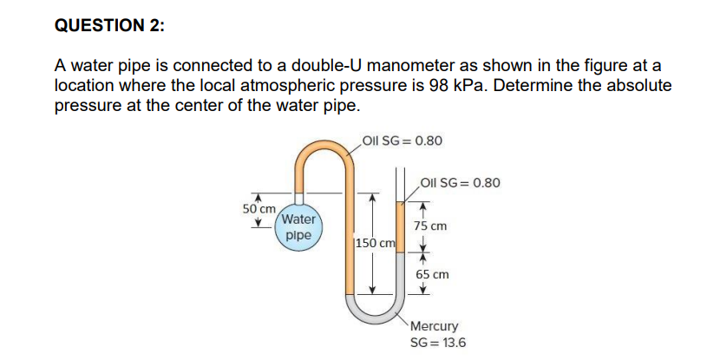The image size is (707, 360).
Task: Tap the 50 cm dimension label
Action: (259, 209)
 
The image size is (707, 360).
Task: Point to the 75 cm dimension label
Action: (430, 226)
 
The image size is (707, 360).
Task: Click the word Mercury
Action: (434, 326)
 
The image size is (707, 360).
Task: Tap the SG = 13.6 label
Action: (438, 342)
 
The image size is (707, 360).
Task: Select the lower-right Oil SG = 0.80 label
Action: (460, 183)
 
